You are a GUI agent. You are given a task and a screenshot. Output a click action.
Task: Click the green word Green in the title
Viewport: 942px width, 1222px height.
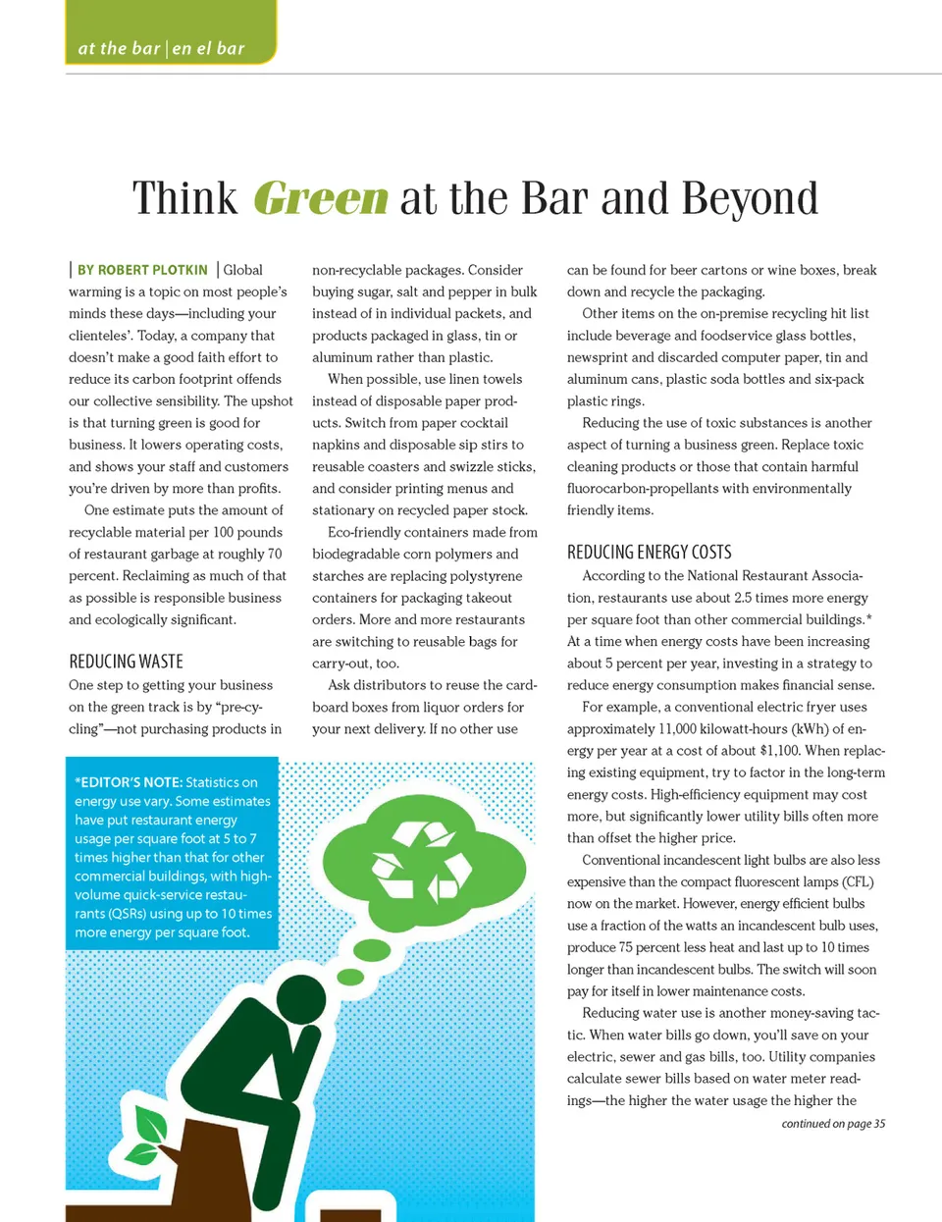click(321, 198)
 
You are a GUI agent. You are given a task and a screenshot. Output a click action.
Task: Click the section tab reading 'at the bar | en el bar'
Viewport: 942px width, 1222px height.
click(162, 48)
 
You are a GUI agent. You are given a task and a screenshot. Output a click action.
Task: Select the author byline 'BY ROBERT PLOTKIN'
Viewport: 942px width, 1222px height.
click(142, 270)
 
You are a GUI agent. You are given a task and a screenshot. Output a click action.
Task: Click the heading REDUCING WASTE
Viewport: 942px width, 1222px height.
click(126, 662)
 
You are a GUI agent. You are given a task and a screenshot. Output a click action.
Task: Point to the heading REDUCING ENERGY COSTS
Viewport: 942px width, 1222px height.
click(649, 553)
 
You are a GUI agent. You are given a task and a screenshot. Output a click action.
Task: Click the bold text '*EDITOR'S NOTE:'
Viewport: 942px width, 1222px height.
click(128, 782)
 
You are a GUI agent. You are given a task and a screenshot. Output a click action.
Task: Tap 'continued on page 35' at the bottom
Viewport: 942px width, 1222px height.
click(833, 1124)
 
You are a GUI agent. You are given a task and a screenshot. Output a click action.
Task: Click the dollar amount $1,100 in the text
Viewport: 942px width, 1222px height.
click(780, 751)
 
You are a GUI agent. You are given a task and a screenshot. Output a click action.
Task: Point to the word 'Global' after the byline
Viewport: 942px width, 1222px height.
click(242, 270)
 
